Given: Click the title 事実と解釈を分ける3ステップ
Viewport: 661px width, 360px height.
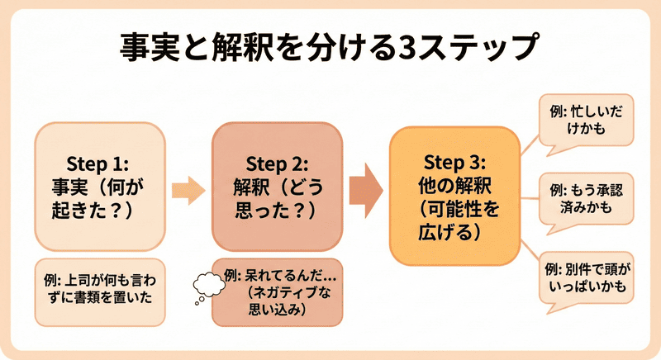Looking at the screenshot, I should tap(330, 48).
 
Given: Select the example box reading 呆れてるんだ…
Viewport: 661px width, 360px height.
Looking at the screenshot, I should tap(278, 291).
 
